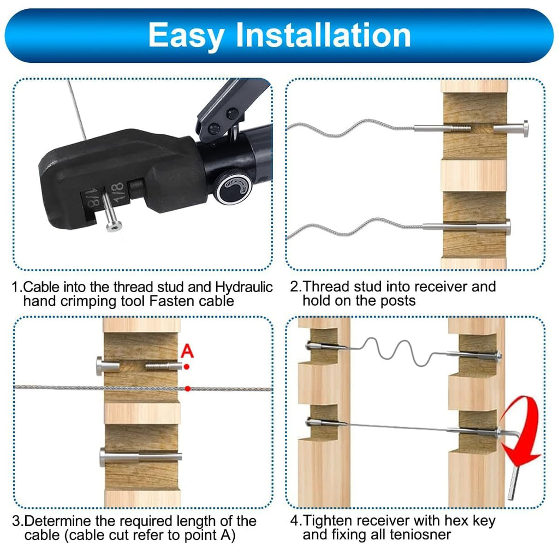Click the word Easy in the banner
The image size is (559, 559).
186,36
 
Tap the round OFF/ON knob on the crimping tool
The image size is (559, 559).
234,188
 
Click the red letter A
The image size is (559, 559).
187,351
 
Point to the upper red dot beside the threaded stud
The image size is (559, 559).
187,366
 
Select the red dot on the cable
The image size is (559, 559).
188,389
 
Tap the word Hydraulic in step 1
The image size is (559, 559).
244,287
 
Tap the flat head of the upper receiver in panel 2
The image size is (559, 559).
525,128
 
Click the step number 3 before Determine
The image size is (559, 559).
16,521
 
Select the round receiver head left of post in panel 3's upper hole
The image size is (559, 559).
99,366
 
